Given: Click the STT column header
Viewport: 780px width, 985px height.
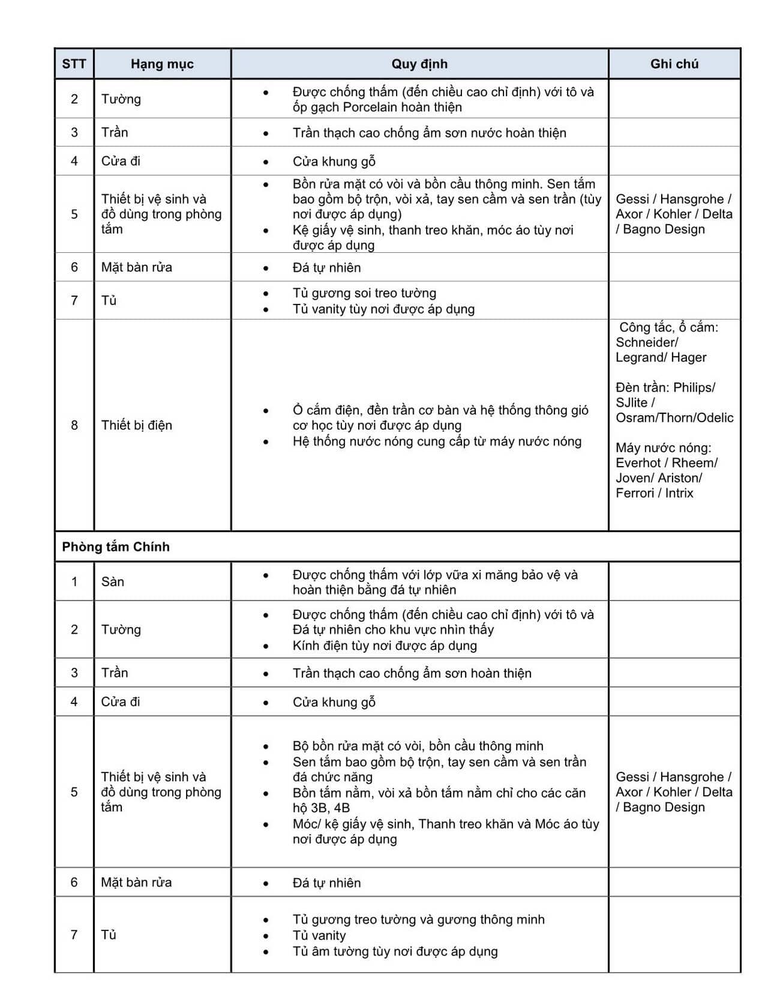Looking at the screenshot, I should coord(74,64).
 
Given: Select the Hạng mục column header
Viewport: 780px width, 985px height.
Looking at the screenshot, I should coord(162,64).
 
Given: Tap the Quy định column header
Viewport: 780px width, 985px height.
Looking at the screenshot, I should coord(419,64).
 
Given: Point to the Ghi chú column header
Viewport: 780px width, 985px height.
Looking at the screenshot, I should coord(674,64).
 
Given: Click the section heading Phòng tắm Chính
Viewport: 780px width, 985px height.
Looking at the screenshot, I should coord(116,547).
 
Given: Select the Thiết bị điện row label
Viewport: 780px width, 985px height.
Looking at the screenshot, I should coord(136,425).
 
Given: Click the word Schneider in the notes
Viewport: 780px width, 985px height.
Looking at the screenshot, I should coord(646,342).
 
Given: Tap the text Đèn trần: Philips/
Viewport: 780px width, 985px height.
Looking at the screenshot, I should coord(665,387).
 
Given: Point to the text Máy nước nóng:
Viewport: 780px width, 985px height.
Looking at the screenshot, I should coord(663,447).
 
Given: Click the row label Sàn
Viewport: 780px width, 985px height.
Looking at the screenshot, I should coord(113,581).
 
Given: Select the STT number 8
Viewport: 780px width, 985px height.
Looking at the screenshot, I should coord(74,425).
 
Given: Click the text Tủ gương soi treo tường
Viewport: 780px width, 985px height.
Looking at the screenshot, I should coord(364,293).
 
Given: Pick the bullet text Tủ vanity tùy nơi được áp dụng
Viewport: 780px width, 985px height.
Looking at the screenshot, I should coord(383,309).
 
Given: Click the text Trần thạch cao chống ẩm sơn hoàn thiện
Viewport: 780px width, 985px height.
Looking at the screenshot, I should coord(412,673).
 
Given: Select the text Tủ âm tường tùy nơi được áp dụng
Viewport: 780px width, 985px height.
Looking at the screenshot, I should coord(395,951).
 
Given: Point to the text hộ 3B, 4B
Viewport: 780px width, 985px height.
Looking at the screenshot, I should coord(321,808).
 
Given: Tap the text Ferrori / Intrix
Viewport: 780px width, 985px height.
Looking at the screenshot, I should coord(654,492).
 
